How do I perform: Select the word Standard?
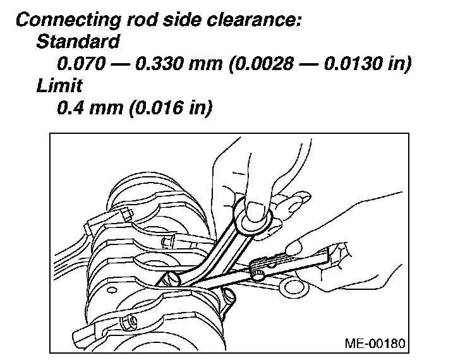pos(78,42)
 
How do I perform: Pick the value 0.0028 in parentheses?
pos(266,64)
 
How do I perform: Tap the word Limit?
pos(59,86)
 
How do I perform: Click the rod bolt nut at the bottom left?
pos(130,322)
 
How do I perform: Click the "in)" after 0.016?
pos(198,108)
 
